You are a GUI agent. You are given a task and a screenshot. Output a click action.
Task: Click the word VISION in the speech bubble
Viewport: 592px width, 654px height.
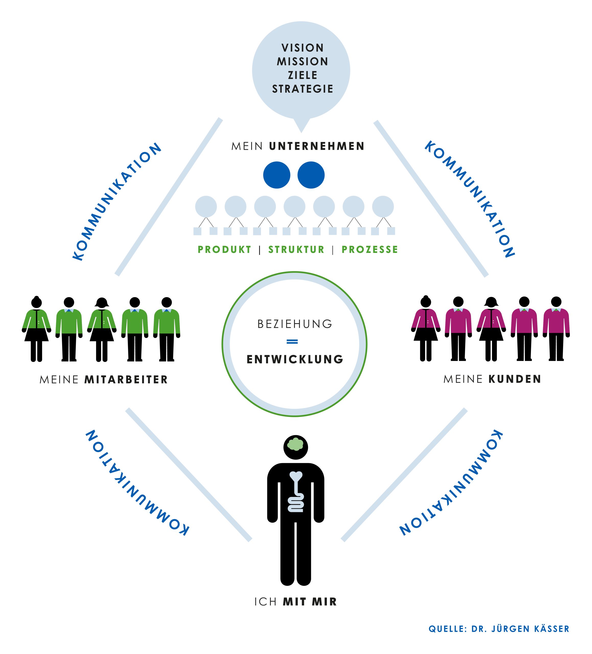[302, 48]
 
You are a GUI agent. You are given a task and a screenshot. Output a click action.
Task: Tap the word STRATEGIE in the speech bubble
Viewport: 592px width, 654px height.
[302, 89]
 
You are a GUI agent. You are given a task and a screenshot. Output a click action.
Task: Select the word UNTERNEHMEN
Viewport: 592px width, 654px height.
[317, 146]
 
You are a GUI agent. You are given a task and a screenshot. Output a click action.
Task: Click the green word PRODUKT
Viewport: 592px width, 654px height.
[225, 250]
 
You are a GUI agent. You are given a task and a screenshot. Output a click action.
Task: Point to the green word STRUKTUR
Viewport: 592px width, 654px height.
[296, 250]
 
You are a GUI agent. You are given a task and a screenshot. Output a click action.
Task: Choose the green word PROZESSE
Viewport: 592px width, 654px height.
[369, 250]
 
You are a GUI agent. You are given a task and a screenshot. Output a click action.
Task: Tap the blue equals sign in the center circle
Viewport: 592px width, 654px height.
[292, 342]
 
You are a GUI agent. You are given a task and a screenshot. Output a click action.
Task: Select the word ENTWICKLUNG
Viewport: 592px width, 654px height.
[295, 359]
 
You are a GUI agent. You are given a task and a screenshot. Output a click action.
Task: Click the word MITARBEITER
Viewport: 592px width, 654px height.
[126, 380]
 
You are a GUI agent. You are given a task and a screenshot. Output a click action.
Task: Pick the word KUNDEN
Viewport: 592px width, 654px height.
[515, 379]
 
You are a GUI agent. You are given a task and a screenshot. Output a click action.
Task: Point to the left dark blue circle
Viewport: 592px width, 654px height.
[276, 175]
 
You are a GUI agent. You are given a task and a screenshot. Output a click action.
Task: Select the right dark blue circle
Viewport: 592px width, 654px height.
[311, 175]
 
